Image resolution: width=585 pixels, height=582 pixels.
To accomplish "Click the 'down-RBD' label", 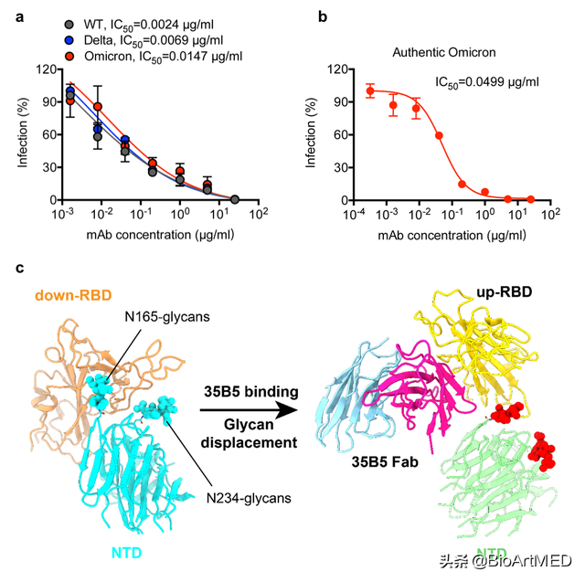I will click(72, 295).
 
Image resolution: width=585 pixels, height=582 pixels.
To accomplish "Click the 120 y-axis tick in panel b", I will click(335, 69).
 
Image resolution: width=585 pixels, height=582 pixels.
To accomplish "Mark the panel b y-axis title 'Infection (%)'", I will click(312, 134).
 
